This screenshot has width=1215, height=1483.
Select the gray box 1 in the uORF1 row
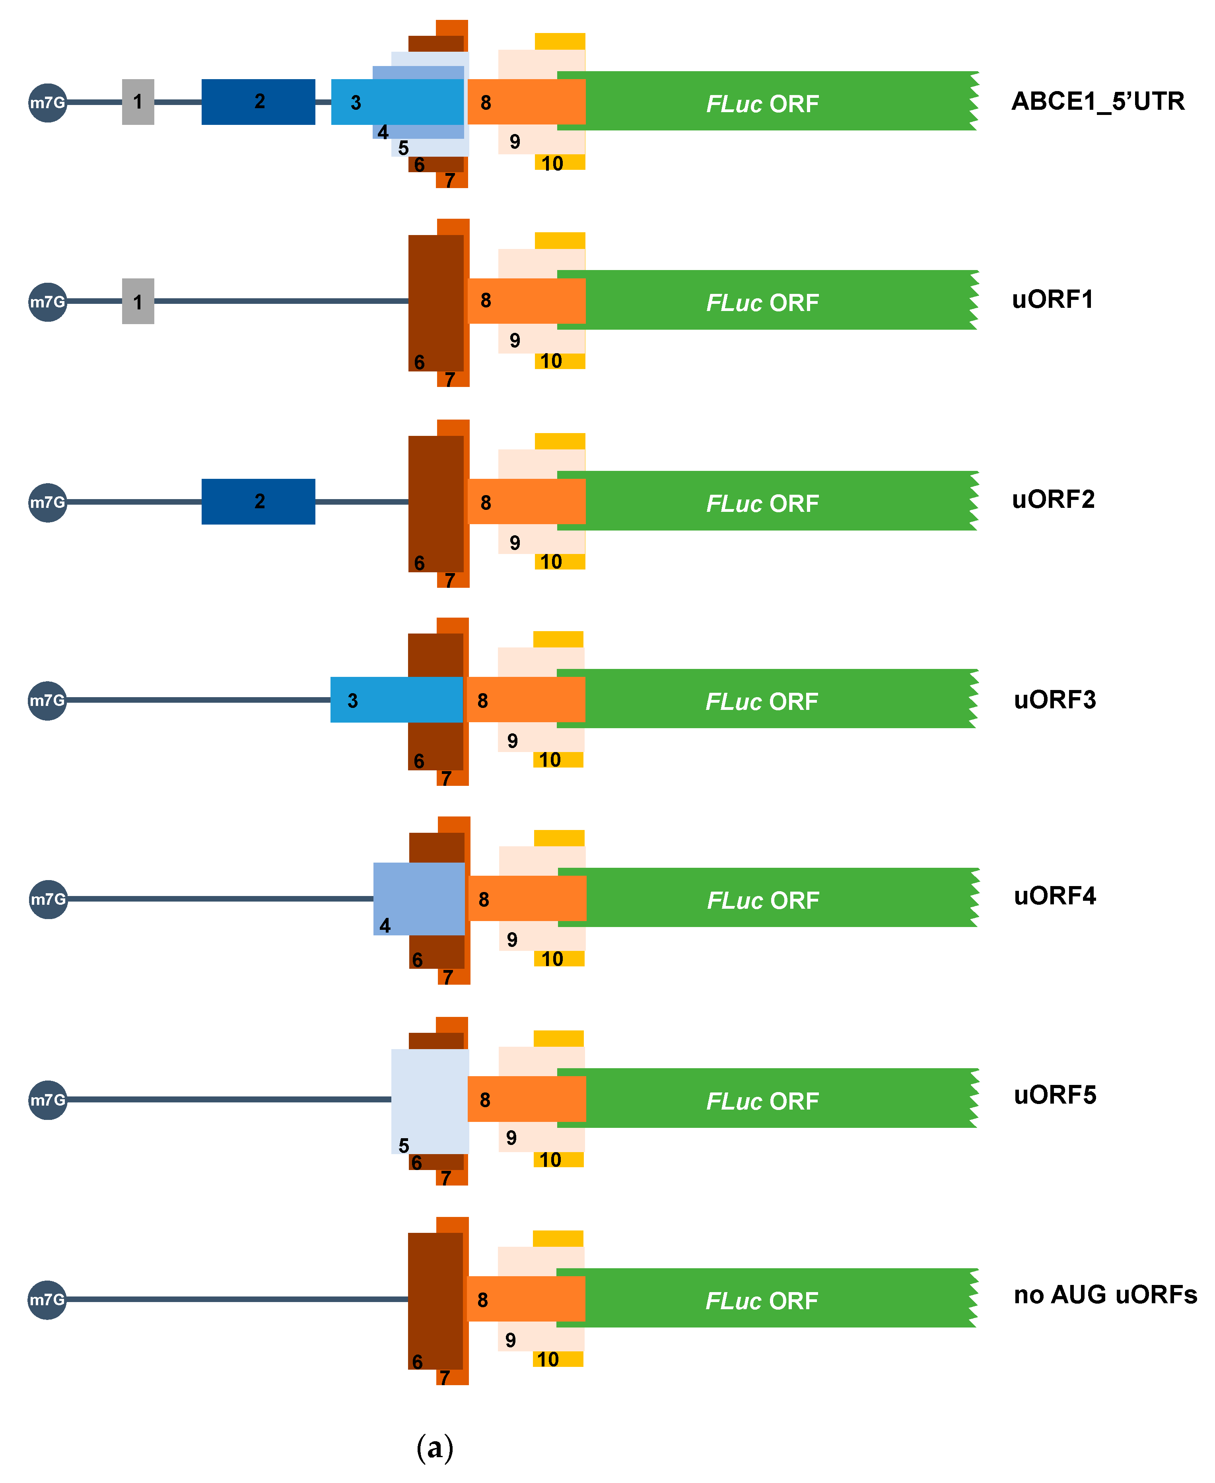tap(138, 301)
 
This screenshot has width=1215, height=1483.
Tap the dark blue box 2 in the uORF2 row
tap(258, 501)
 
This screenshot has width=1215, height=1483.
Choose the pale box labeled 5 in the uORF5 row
tap(429, 1100)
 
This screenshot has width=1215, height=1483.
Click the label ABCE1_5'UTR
tap(1097, 101)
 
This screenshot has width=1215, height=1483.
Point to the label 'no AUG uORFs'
tap(1104, 1294)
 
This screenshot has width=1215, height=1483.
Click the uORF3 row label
tap(1054, 699)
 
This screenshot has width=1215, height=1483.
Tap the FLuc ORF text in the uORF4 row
tap(762, 900)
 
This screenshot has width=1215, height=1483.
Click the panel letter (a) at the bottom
tap(435, 1446)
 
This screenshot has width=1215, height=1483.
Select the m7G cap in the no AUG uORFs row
tap(47, 1300)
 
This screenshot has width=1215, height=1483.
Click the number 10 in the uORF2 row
tap(551, 561)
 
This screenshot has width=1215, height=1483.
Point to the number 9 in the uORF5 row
tap(511, 1138)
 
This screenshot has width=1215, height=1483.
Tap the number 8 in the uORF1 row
tap(486, 300)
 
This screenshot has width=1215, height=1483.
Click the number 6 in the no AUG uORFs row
tap(417, 1361)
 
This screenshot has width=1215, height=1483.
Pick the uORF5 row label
tap(1054, 1094)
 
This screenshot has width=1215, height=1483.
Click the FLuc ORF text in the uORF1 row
tap(762, 302)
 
